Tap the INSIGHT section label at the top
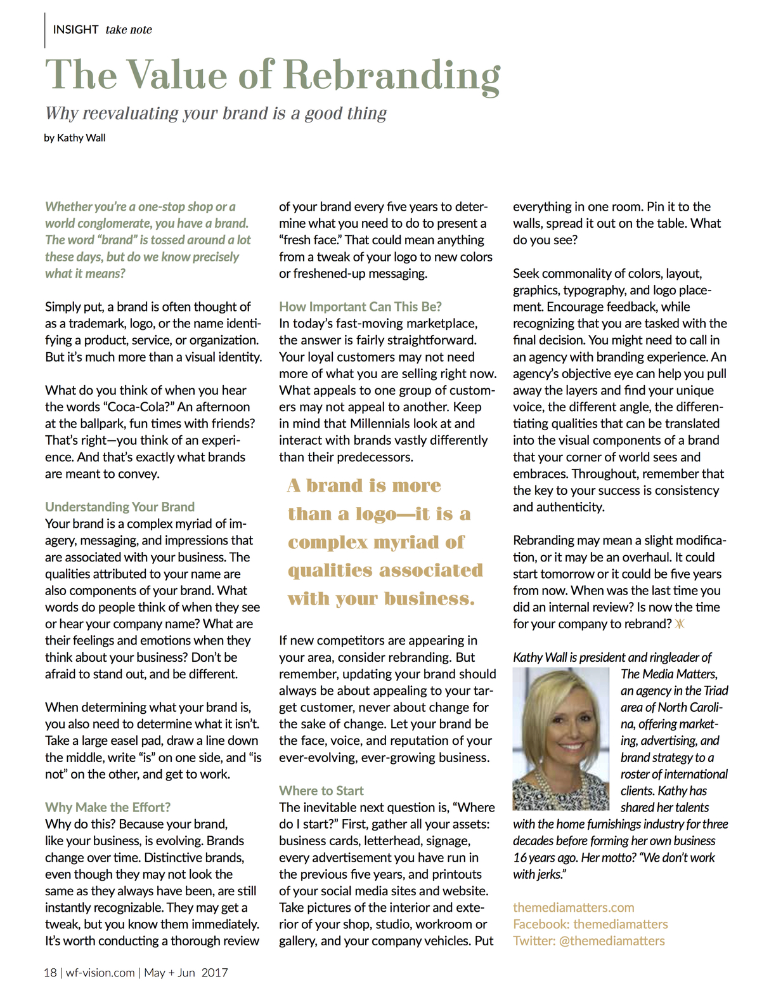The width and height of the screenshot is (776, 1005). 75,30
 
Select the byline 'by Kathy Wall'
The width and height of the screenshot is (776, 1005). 75,138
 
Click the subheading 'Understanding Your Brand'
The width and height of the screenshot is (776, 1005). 120,507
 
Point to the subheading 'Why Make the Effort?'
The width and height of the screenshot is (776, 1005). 108,807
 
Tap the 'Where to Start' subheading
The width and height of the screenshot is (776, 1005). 321,791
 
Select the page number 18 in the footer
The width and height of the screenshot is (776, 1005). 50,973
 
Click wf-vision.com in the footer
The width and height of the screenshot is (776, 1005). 100,973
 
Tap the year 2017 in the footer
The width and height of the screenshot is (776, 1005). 215,973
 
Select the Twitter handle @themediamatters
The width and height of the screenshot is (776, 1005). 611,941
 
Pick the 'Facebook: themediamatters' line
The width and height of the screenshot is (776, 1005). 590,924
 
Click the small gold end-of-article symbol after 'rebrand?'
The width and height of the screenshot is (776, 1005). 680,624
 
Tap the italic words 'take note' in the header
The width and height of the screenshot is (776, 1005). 129,30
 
